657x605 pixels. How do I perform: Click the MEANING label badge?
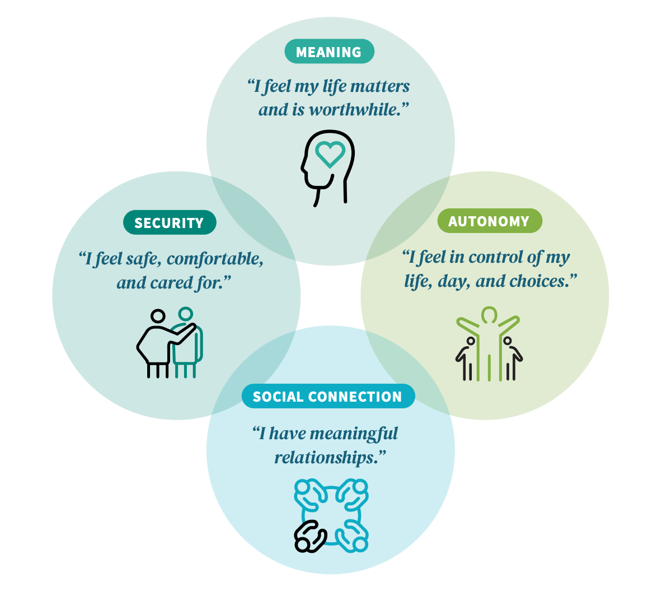[329, 52]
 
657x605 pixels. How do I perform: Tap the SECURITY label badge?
[169, 222]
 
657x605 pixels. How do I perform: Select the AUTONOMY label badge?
[490, 221]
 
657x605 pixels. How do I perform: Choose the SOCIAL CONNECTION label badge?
[328, 396]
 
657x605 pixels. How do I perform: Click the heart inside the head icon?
[330, 153]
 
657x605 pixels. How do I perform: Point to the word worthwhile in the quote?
[358, 110]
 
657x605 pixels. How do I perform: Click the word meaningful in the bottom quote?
[354, 434]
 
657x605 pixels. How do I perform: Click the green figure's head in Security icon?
[185, 314]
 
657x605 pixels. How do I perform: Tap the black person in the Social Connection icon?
[309, 537]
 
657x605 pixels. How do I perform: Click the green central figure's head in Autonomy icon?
[489, 314]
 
